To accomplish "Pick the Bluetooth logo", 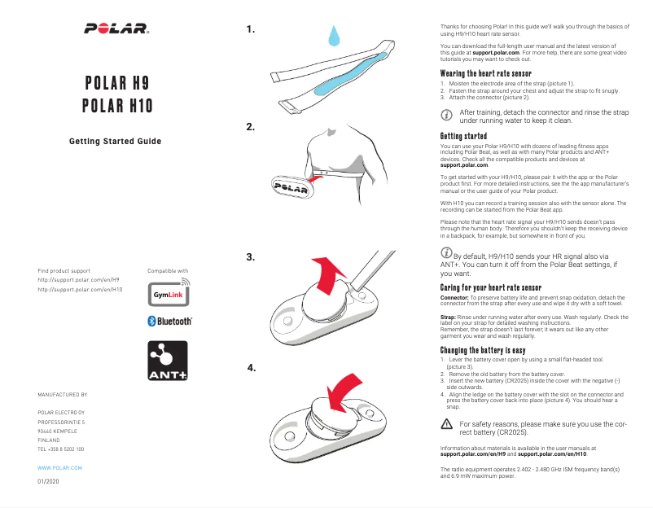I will tap(169, 321).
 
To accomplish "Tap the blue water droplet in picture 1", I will tap(334, 37).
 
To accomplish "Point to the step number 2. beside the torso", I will tap(251, 127).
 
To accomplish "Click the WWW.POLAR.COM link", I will tap(59, 470).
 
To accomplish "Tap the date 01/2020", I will tap(48, 482).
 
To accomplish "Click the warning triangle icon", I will tap(445, 423).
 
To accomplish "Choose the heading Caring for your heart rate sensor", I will tap(490, 288).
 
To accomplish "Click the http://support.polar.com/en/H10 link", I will tap(81, 289).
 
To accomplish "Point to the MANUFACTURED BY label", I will tap(62, 393).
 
